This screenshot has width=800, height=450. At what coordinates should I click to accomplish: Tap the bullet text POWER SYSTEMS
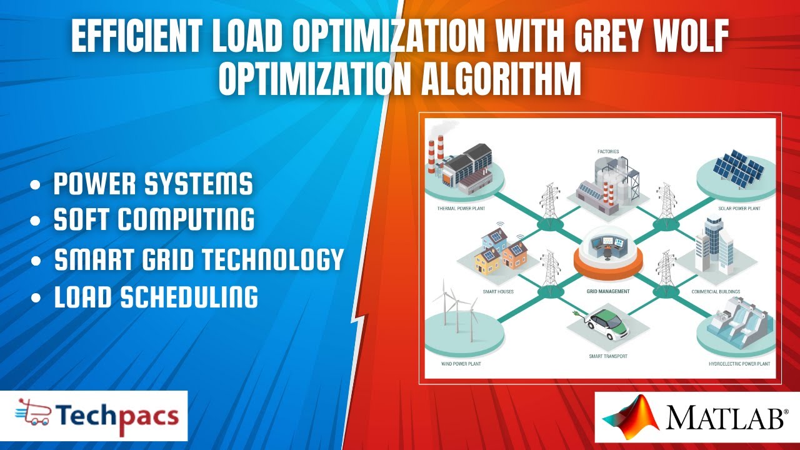153,184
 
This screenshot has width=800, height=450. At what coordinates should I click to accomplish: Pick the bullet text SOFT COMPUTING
154,219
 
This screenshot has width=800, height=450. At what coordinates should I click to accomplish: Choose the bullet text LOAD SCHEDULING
156,297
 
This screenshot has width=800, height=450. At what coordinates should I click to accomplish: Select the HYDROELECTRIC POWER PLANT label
739,363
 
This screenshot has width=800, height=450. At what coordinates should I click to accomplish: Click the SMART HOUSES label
497,291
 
